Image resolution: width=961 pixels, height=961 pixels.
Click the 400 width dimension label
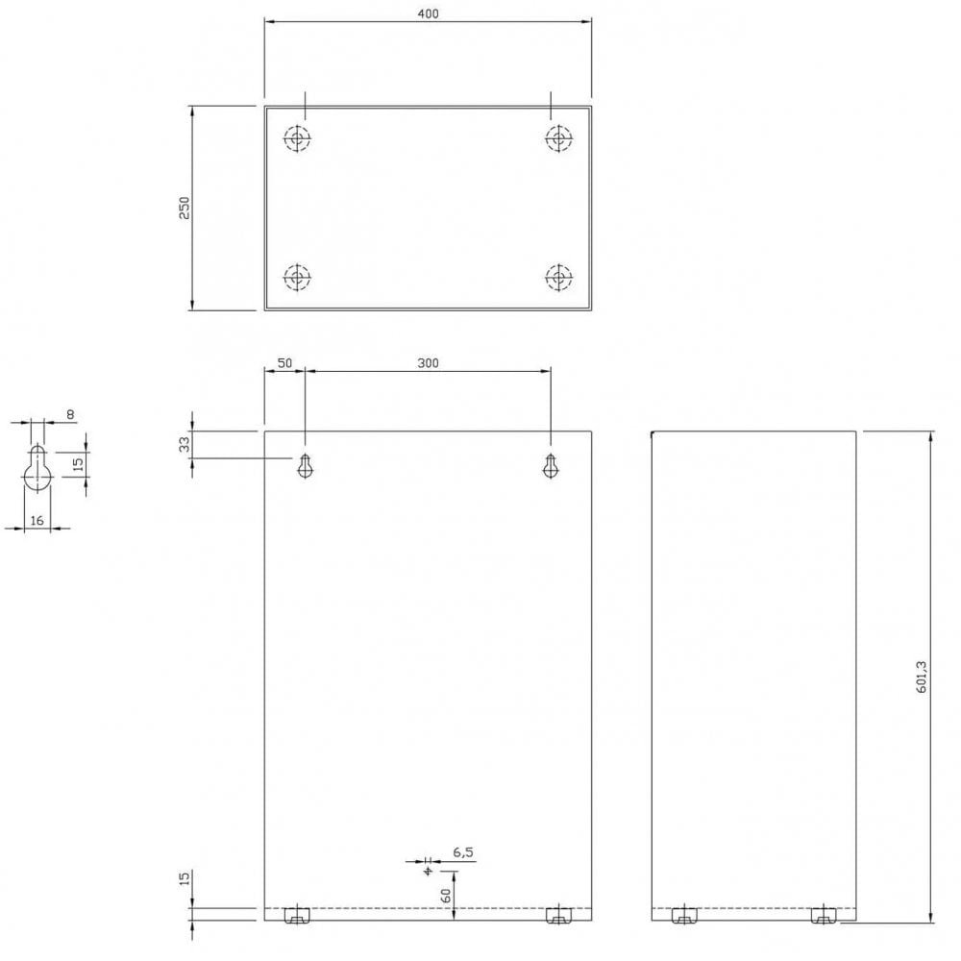(428, 12)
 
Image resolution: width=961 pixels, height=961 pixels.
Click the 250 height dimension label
(185, 208)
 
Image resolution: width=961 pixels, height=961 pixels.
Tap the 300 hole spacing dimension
(428, 363)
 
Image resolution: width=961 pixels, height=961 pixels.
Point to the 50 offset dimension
(284, 363)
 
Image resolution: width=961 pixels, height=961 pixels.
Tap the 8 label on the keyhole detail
(70, 414)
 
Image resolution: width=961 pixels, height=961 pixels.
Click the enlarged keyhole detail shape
(37, 469)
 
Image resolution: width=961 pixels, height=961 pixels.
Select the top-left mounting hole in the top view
(298, 138)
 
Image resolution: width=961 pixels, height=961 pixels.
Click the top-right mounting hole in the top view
(557, 138)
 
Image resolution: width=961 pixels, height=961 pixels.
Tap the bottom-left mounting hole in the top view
(298, 278)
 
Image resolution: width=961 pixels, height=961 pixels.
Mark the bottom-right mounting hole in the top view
(557, 278)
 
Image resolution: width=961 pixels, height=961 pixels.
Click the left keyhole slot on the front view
(306, 465)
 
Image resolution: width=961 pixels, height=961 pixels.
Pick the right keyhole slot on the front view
(551, 465)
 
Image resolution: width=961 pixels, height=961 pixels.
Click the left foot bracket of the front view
(298, 915)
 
